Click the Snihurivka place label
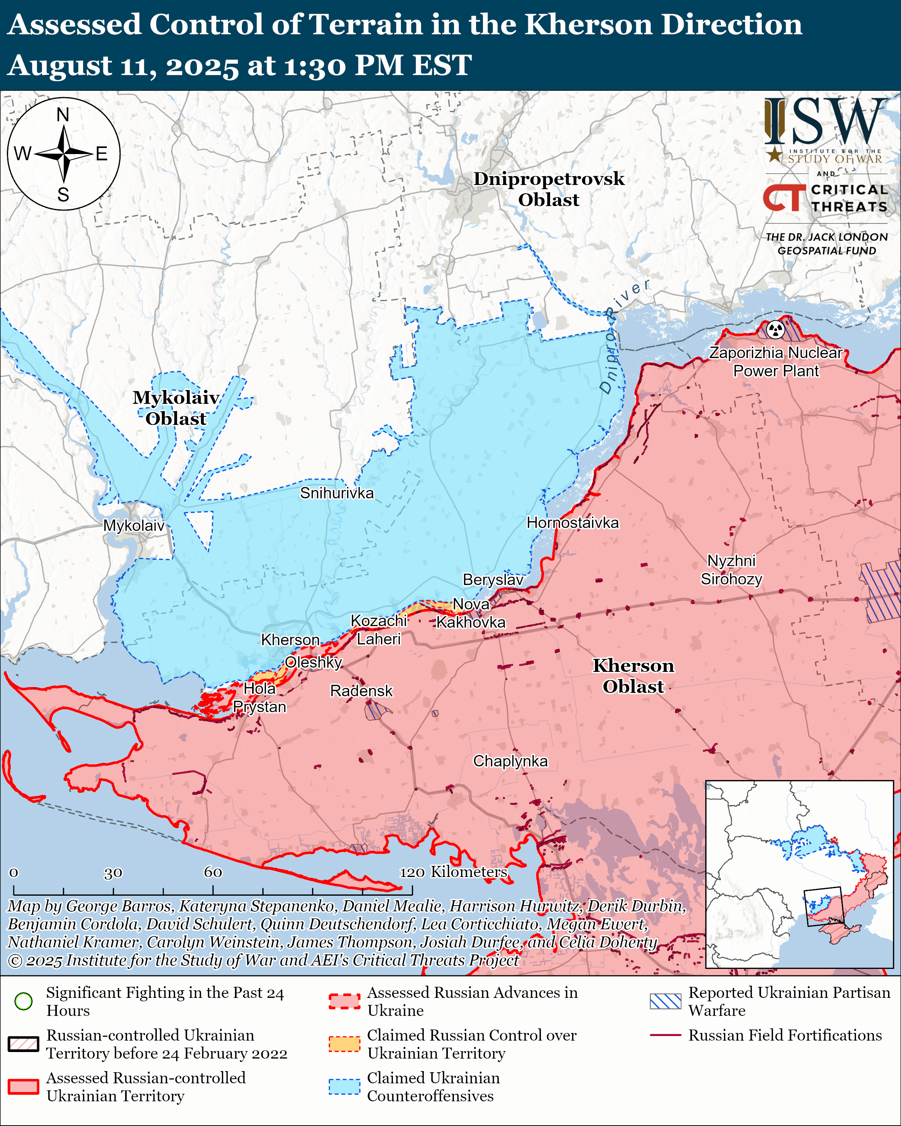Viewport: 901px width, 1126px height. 337,493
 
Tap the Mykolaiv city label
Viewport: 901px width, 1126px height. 134,525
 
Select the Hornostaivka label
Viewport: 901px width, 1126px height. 573,523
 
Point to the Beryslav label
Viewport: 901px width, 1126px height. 493,580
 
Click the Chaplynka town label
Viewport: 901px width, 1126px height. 510,761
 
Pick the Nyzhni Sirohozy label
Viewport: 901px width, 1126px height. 731,570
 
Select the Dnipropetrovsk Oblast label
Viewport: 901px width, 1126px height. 549,189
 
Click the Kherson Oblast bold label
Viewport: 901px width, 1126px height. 633,676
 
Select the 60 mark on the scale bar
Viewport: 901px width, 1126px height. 212,872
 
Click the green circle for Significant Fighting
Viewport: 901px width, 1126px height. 24,1001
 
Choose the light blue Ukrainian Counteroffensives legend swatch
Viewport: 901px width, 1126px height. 344,1087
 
